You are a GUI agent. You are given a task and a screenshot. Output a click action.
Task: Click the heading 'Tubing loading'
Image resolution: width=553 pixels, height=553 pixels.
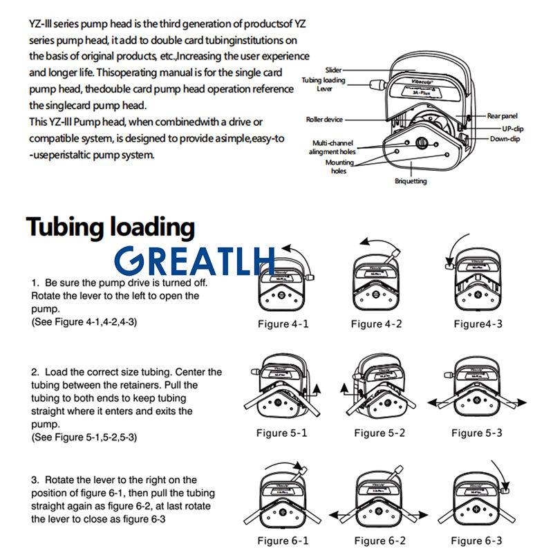pyautogui.click(x=111, y=227)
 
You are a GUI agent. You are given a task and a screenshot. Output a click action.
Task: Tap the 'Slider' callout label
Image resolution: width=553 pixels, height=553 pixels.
pyautogui.click(x=333, y=70)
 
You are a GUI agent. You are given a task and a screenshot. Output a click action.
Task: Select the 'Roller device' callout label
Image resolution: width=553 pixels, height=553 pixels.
pyautogui.click(x=324, y=120)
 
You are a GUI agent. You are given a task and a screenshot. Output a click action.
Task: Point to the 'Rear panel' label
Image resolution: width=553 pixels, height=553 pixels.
pyautogui.click(x=502, y=116)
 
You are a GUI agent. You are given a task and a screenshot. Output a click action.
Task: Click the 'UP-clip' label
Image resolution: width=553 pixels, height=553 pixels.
pyautogui.click(x=512, y=129)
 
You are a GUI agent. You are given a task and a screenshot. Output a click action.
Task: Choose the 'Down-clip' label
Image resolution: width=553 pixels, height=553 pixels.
pyautogui.click(x=505, y=139)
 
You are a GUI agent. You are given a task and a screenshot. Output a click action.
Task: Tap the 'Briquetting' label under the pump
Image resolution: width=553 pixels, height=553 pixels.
pyautogui.click(x=411, y=181)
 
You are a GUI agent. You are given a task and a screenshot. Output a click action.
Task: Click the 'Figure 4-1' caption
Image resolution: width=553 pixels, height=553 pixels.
pyautogui.click(x=283, y=324)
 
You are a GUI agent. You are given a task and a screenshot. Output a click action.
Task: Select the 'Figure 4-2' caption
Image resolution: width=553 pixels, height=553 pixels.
pyautogui.click(x=376, y=324)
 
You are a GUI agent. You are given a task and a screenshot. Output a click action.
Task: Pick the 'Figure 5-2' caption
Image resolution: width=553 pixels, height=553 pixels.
pyautogui.click(x=379, y=433)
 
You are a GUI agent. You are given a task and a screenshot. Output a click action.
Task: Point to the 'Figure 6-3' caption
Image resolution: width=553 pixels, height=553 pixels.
pyautogui.click(x=476, y=540)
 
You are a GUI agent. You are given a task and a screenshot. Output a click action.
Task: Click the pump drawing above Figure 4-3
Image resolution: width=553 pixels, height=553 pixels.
pyautogui.click(x=476, y=285)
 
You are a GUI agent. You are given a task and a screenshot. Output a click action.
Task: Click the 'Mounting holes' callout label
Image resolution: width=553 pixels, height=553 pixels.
pyautogui.click(x=339, y=167)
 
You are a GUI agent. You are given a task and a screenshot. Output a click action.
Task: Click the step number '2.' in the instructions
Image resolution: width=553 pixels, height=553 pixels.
pyautogui.click(x=35, y=372)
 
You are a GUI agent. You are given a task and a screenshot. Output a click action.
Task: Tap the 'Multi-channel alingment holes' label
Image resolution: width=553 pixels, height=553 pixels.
pyautogui.click(x=332, y=147)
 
